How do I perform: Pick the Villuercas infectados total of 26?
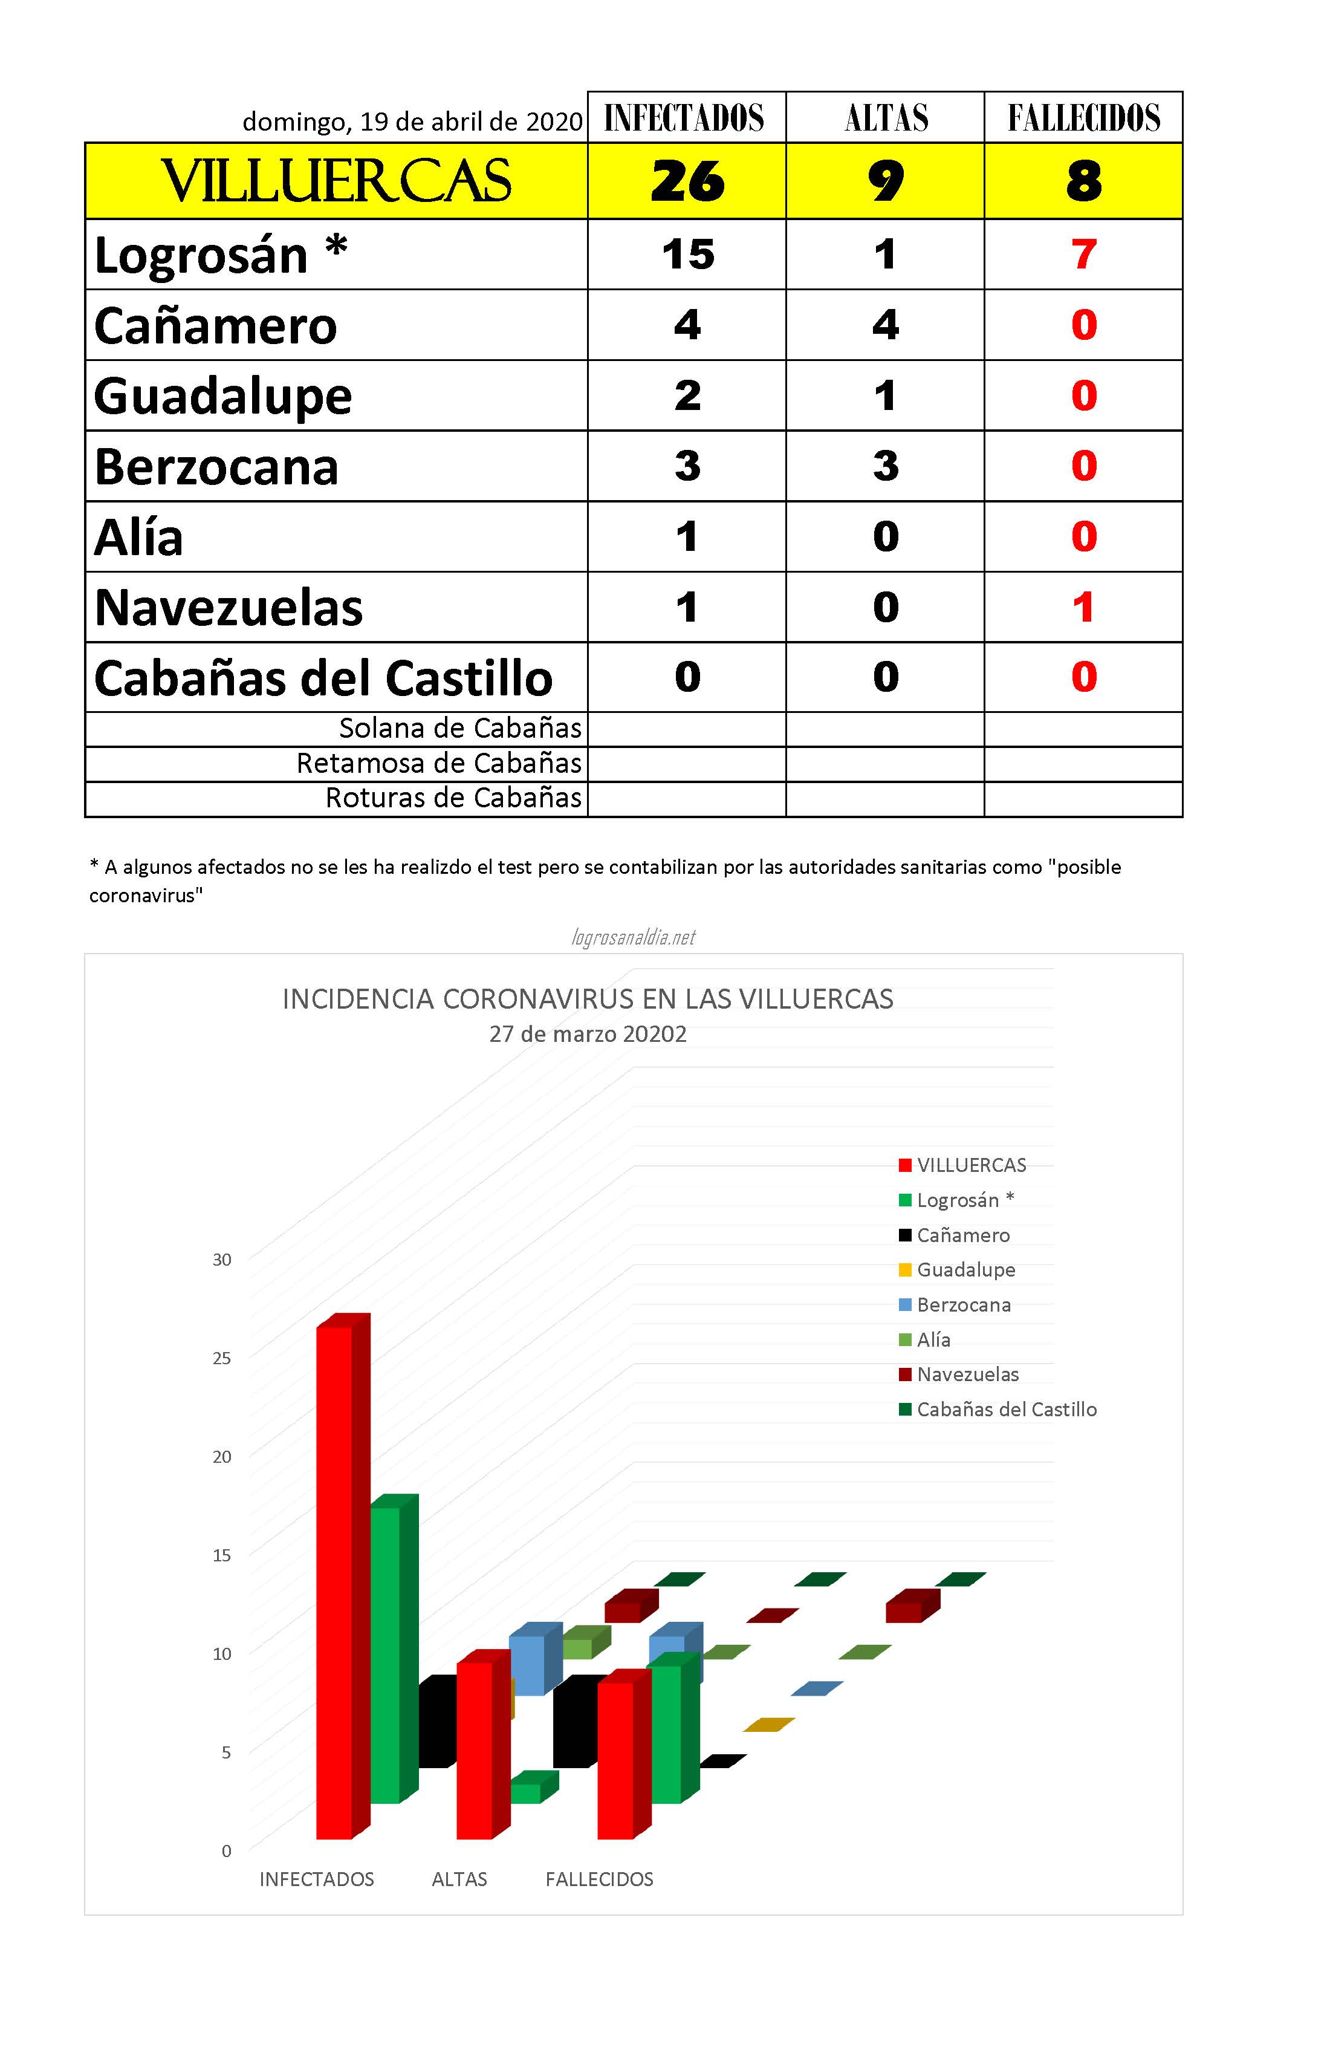(x=687, y=181)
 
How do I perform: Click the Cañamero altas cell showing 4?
(x=885, y=325)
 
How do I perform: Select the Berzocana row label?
(x=216, y=466)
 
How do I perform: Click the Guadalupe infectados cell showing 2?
(x=687, y=395)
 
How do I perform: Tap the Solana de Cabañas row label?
(x=459, y=728)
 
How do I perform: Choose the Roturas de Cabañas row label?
(x=453, y=798)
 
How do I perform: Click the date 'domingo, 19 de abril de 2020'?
(x=412, y=122)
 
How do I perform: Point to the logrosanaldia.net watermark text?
(x=633, y=937)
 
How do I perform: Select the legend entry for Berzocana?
(x=963, y=1304)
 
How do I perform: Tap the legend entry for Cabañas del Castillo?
(x=1005, y=1409)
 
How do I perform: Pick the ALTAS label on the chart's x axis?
(x=459, y=1878)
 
